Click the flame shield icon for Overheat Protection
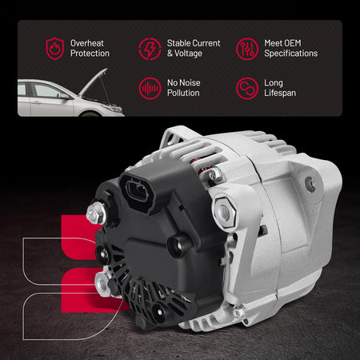click(x=55, y=48)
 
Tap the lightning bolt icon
click(x=150, y=49)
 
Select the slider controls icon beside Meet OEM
click(x=247, y=49)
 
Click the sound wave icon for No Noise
click(x=150, y=88)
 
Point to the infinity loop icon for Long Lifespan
click(x=247, y=88)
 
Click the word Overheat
click(x=87, y=43)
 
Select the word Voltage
click(x=188, y=54)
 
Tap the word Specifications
click(x=291, y=54)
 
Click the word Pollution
click(x=183, y=93)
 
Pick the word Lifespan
click(x=280, y=93)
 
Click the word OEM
click(x=291, y=43)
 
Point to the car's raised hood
click(x=94, y=82)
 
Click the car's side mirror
click(x=65, y=96)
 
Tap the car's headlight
click(x=112, y=108)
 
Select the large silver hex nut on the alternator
click(x=224, y=212)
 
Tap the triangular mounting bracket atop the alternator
click(x=174, y=138)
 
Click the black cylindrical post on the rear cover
click(x=178, y=246)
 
